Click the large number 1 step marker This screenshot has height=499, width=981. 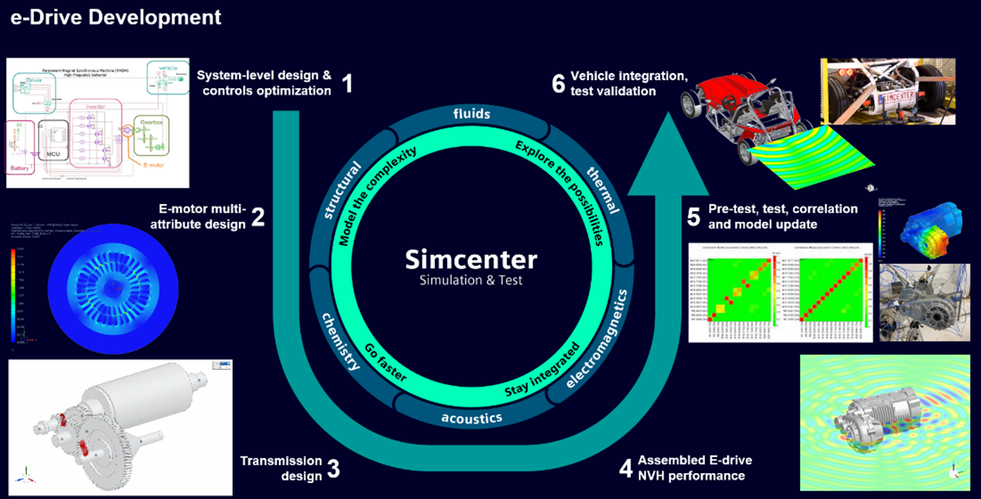click(x=347, y=83)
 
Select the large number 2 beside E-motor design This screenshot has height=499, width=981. click(x=257, y=216)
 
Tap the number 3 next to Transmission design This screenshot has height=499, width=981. click(x=333, y=470)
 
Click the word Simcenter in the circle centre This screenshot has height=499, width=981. click(x=472, y=259)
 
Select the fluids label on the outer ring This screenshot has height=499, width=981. click(x=472, y=114)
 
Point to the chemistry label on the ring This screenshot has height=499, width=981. click(x=341, y=340)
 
